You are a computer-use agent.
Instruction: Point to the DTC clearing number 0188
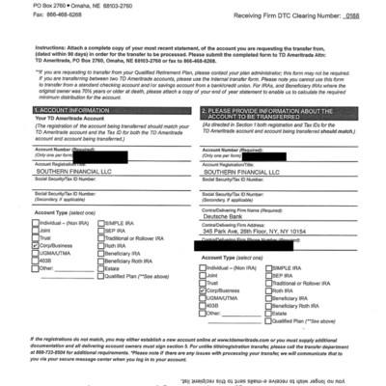click(x=355, y=17)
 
